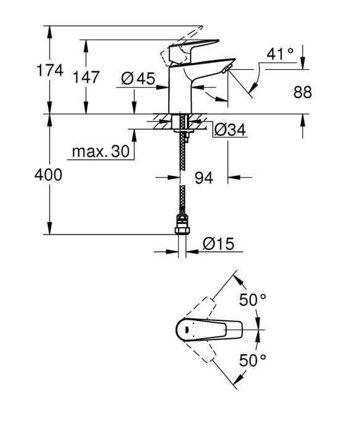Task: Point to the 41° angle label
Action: click(280, 54)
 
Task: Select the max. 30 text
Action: click(99, 152)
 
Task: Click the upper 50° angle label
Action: click(253, 301)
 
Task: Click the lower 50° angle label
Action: click(253, 359)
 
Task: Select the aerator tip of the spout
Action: click(228, 67)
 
